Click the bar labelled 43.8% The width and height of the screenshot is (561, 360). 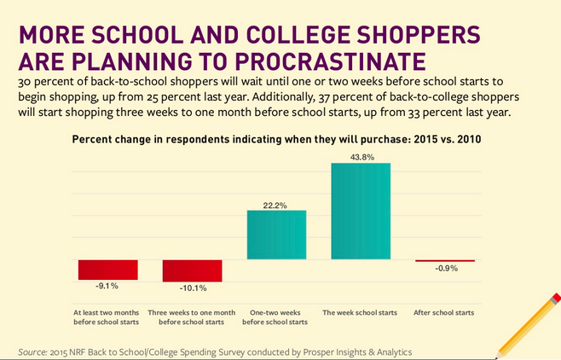point(361,211)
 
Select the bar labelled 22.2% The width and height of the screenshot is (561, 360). point(276,235)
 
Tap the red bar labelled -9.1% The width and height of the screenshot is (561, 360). point(107,270)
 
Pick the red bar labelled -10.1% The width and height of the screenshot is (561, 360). point(192,270)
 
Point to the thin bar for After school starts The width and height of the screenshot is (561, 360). point(444,260)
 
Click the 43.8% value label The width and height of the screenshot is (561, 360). point(361,155)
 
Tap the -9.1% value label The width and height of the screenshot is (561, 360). point(107,287)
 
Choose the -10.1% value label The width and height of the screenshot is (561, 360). point(192,288)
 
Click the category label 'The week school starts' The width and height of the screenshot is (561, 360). point(360,313)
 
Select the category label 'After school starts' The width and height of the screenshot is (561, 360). point(444,313)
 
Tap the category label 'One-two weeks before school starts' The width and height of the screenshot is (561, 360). point(276,317)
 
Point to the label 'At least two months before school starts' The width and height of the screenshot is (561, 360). point(107,317)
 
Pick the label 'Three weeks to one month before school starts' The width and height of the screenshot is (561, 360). point(192,317)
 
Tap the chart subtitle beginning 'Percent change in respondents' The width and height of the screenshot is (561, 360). point(277,139)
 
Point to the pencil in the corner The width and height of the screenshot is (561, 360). point(529,323)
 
